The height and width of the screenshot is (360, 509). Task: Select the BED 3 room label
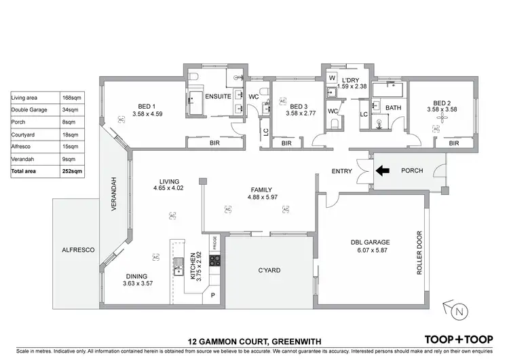299,107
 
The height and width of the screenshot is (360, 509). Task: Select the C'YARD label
269,270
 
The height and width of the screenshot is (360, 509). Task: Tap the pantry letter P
212,296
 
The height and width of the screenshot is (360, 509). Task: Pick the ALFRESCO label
79,250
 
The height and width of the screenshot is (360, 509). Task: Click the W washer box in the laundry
332,78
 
